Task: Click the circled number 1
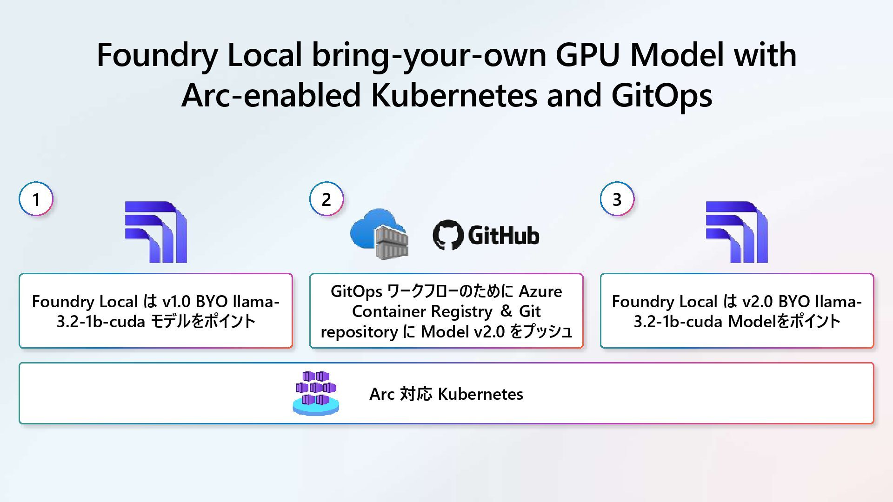[36, 199]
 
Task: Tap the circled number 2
[327, 199]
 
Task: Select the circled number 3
[617, 199]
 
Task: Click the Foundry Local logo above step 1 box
[156, 232]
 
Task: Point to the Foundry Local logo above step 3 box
[737, 232]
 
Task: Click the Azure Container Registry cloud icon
[379, 233]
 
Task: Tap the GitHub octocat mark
[448, 235]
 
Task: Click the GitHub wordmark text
[504, 235]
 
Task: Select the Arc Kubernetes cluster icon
[316, 393]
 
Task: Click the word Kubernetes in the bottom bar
[480, 394]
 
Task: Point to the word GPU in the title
[587, 55]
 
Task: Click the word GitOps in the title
[661, 95]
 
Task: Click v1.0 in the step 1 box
[176, 302]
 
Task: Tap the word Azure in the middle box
[540, 291]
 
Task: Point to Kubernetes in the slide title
[453, 95]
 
